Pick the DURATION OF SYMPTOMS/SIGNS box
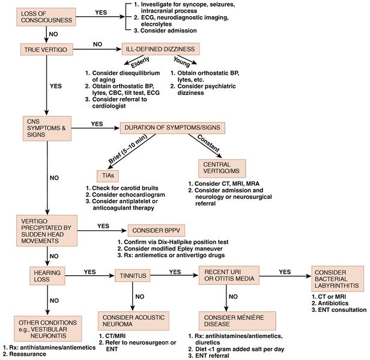172,127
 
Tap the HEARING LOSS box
46,275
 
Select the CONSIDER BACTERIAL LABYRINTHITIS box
336,279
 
